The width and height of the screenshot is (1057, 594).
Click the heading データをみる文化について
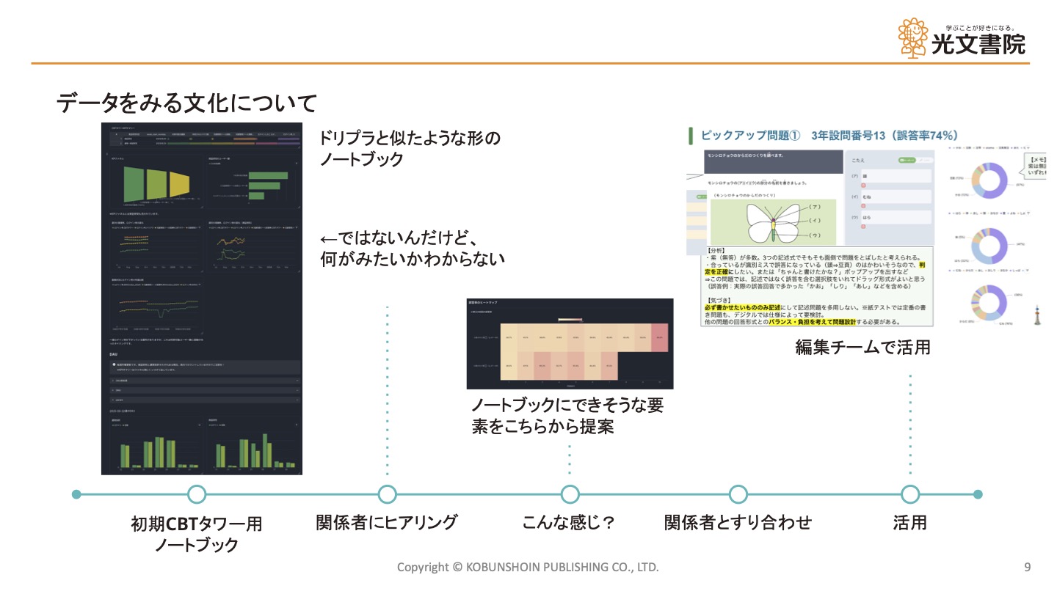coord(187,103)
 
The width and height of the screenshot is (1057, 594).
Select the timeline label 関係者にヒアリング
coord(387,522)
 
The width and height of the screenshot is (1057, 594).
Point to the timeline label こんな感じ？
coord(568,522)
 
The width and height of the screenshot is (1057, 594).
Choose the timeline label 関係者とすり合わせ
coord(738,522)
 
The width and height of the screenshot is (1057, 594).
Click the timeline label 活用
coord(910,522)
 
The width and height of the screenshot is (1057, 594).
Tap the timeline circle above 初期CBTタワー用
coord(197,494)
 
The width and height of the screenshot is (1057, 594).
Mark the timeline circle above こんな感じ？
coord(570,494)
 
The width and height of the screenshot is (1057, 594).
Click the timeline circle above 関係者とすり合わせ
coord(738,494)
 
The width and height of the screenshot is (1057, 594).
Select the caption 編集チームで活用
coord(862,347)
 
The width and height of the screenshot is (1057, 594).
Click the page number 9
coord(1027,567)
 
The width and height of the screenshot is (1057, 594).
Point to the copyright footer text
coord(528,567)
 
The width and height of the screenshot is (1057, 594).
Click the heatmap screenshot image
coord(570,343)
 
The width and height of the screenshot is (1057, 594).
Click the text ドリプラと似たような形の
coord(410,138)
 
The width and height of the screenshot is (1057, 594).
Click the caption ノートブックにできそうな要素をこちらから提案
coord(567,415)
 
